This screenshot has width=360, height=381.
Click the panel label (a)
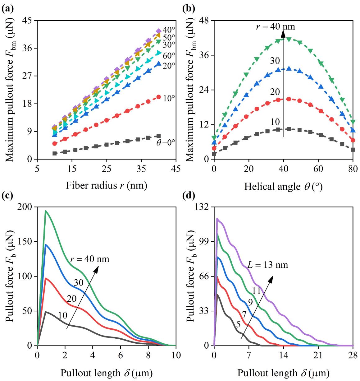[7, 9]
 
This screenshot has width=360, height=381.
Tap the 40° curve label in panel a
[169, 30]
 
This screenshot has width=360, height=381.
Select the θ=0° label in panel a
[166, 142]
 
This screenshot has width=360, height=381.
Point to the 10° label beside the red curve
[169, 98]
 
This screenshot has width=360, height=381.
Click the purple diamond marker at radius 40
[159, 31]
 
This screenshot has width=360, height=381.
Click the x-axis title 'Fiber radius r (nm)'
[106, 186]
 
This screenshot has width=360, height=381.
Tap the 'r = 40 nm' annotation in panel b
[275, 27]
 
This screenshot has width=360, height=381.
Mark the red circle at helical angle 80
[353, 140]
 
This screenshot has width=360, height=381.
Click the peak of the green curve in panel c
[46, 211]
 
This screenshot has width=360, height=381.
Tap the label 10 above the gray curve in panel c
[62, 315]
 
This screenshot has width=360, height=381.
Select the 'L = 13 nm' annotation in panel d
[267, 265]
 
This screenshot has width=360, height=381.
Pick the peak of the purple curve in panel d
[217, 218]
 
